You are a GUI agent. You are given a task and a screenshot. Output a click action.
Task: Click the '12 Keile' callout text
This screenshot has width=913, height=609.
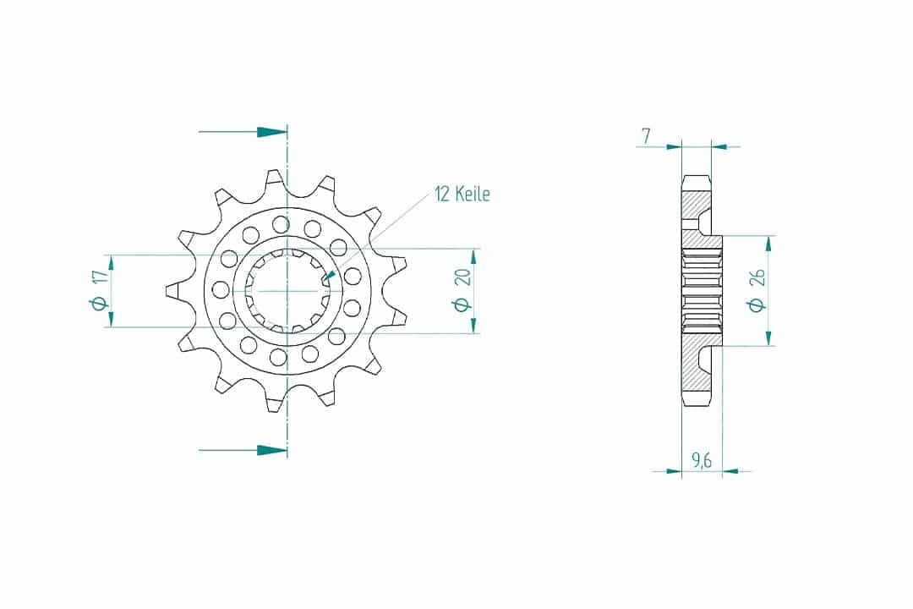[x=462, y=194]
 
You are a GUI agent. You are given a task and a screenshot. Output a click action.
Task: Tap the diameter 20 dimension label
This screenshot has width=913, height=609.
[x=462, y=289]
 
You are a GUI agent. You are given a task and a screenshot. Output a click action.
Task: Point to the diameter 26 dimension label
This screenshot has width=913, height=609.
[x=757, y=289]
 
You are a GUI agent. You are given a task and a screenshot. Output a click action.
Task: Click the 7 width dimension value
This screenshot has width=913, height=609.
[x=646, y=136]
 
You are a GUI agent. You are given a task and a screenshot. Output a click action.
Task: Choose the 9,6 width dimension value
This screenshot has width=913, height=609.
[x=701, y=460]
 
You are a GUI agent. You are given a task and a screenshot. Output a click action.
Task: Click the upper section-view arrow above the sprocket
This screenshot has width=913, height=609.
[x=243, y=132]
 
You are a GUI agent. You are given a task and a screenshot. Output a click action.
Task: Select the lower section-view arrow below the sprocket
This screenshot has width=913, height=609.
[x=243, y=450]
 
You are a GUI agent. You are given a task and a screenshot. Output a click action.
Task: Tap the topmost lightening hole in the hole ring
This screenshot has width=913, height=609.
[x=281, y=224]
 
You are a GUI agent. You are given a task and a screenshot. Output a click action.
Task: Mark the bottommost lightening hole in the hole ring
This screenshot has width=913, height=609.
[x=278, y=356]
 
